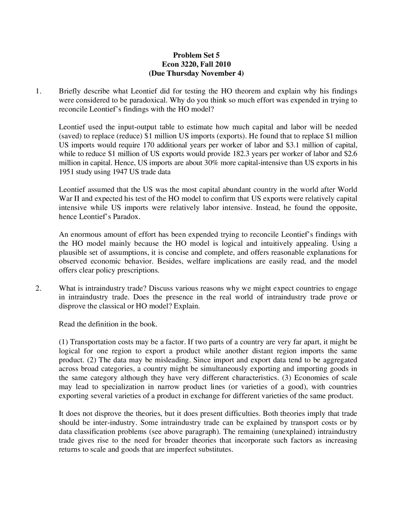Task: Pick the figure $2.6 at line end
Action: (350, 154)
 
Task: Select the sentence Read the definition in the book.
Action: (108, 324)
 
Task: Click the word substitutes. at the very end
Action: (215, 449)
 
